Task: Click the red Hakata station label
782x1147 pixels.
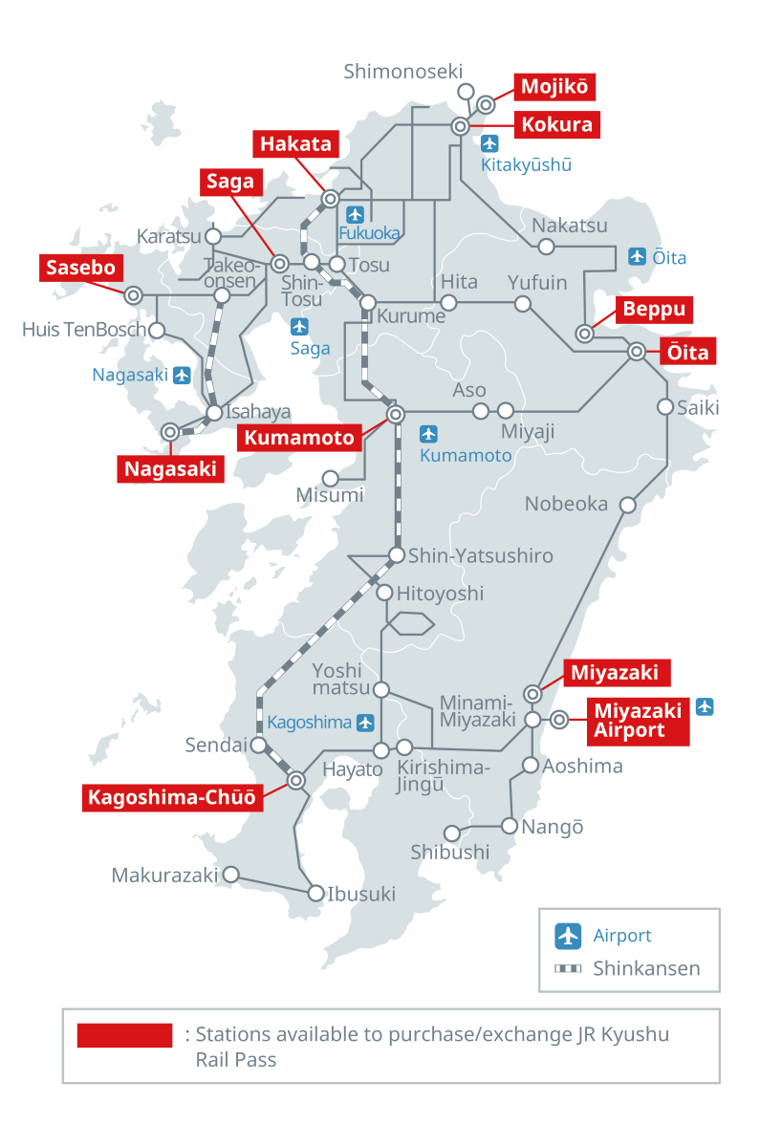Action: [x=297, y=144]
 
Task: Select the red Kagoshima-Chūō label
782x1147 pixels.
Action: [x=174, y=797]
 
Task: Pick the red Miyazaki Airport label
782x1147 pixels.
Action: [x=638, y=720]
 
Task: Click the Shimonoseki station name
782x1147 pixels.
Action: [x=402, y=71]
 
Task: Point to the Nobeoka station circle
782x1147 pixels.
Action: [x=628, y=504]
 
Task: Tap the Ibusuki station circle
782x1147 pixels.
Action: [x=316, y=894]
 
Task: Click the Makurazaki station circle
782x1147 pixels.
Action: [x=230, y=874]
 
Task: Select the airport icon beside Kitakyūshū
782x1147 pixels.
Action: [x=490, y=144]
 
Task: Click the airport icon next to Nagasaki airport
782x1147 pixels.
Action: [x=182, y=375]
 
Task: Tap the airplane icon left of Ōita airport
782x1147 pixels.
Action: [x=638, y=256]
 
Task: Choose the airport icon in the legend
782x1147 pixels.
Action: [x=569, y=936]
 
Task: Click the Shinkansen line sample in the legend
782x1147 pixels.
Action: [x=569, y=968]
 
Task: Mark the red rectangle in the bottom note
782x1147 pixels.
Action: [x=124, y=1034]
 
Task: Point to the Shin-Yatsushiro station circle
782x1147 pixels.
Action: [x=397, y=555]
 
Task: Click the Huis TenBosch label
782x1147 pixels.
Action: [x=84, y=330]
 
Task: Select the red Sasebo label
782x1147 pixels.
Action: [x=82, y=268]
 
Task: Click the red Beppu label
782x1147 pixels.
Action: [x=655, y=310]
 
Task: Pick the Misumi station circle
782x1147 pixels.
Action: [x=331, y=477]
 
